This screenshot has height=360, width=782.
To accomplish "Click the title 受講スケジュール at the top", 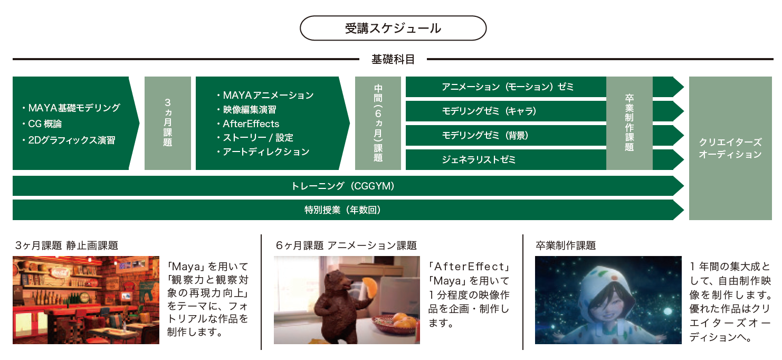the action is point(393,29).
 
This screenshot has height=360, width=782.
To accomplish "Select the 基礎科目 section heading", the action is point(393,59).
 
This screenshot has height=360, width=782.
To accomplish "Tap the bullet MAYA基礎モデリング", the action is point(71,108).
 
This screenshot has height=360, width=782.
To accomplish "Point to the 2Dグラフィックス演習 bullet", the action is point(69,140).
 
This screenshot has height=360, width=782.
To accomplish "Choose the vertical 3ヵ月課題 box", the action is point(168,123).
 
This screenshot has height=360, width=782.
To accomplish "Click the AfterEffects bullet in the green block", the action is point(248,124).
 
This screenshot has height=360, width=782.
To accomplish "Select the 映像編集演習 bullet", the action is point(247,110).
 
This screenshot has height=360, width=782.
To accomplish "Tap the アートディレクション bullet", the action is point(263,151).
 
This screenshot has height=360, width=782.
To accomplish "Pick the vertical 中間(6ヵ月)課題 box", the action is point(378,123).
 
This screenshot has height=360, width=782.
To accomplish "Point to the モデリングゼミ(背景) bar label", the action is point(485,135).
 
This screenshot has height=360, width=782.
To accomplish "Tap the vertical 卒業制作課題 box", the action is point(629,123).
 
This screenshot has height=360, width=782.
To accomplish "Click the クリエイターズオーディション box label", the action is point(730,148).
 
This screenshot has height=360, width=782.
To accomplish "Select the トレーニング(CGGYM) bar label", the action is point(343,186).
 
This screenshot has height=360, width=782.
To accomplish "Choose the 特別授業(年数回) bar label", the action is point(343,210).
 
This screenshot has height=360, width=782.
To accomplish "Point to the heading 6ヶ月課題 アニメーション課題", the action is point(346,245).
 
